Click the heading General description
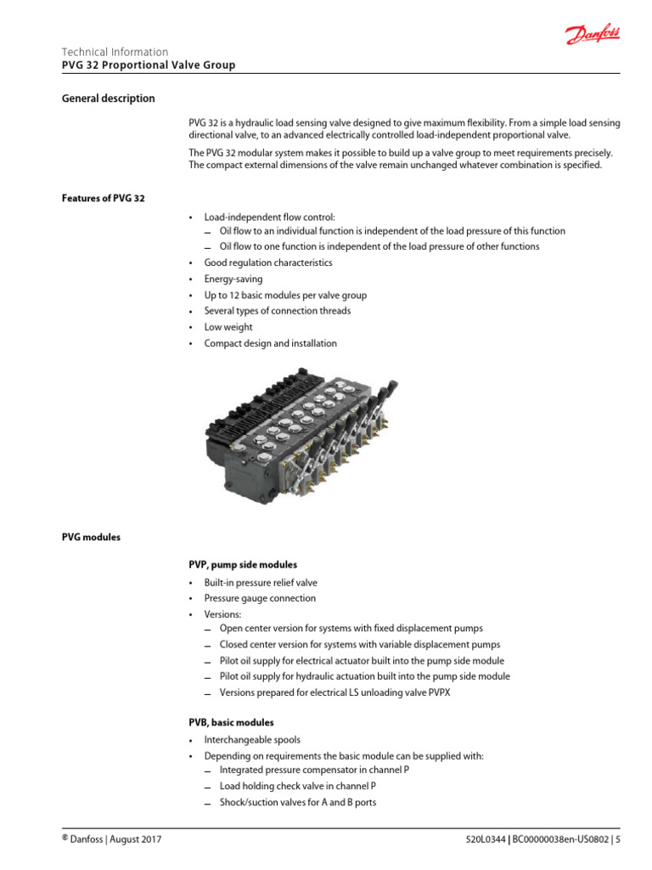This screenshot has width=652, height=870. point(109,99)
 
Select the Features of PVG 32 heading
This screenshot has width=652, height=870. point(104,198)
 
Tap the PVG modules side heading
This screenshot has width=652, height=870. point(91,537)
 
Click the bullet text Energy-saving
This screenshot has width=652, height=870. point(233,280)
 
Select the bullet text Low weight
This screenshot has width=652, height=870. point(228,327)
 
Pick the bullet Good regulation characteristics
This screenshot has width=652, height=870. point(268,263)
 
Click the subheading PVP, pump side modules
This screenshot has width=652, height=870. point(243,564)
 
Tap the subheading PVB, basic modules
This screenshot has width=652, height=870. point(231,723)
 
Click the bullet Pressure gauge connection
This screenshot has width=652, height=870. point(260,598)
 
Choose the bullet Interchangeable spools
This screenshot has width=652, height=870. point(252,740)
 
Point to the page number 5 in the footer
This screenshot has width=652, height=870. point(618,840)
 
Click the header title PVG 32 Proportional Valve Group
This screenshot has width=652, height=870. point(149,65)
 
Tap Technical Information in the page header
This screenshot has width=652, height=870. point(115,52)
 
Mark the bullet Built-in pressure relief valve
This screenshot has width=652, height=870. point(261,583)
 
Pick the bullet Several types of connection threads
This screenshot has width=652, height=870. point(278,311)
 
